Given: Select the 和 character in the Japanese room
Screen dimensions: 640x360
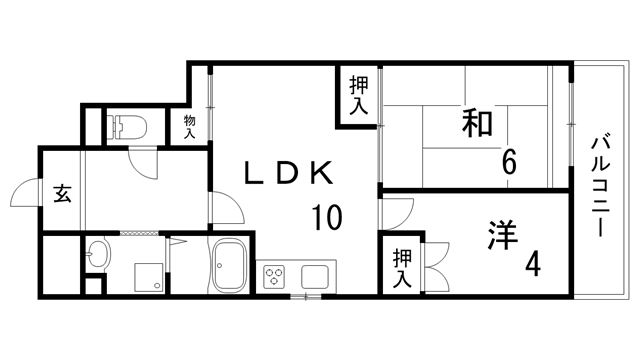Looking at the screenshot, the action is click(x=478, y=124).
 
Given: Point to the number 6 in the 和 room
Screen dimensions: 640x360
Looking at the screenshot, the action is click(x=509, y=161).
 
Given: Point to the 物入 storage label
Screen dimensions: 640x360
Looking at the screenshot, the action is click(x=189, y=126).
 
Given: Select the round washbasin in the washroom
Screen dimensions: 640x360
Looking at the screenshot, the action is click(x=98, y=254).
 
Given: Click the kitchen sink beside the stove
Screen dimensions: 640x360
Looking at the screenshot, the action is click(x=316, y=276).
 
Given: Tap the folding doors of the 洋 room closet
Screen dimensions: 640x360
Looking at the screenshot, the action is click(x=436, y=257).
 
